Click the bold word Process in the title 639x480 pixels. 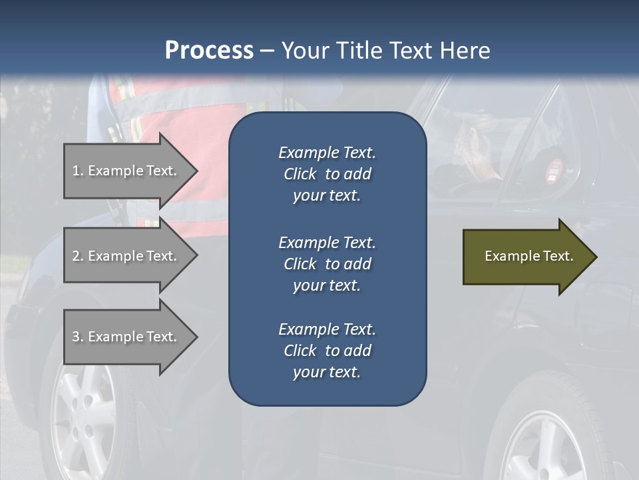pos(209,50)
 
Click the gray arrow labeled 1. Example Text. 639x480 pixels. pos(126,171)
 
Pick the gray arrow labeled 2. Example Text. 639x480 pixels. pos(126,256)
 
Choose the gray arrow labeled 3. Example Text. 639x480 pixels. pos(126,337)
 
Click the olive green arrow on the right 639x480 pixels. pos(526,256)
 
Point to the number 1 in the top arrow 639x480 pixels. pos(76,171)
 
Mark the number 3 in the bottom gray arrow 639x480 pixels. pos(76,337)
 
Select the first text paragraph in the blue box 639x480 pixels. pos(327,174)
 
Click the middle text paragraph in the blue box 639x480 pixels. pos(327,264)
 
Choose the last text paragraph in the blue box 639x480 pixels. pos(327,351)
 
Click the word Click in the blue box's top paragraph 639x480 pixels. pos(300,174)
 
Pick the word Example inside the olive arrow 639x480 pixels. pos(508,256)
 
